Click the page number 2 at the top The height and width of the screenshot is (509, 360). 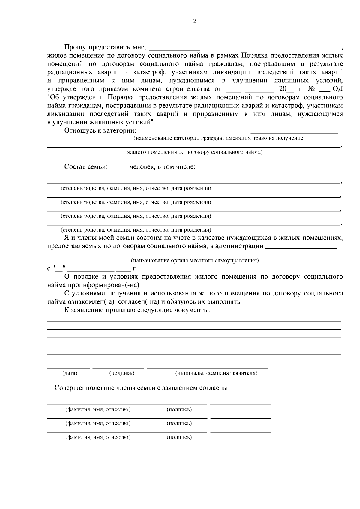point(195,21)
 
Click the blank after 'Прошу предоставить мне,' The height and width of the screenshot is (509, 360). point(244,48)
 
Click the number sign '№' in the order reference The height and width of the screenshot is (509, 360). point(311,89)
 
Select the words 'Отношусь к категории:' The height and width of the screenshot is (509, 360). point(100,131)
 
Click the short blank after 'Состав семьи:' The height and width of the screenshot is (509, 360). point(119,167)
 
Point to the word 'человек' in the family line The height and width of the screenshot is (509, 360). point(141,167)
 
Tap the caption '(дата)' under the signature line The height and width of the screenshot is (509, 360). point(70,373)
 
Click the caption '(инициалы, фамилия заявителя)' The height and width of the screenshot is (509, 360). point(216,373)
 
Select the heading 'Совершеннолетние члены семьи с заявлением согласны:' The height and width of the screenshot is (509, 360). point(142,388)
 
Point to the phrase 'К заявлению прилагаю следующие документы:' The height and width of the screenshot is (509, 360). point(137,310)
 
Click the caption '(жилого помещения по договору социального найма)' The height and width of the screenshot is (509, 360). point(195,152)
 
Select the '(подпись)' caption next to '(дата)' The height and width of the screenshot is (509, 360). point(121,373)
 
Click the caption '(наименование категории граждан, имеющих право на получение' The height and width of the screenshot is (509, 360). point(218,138)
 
